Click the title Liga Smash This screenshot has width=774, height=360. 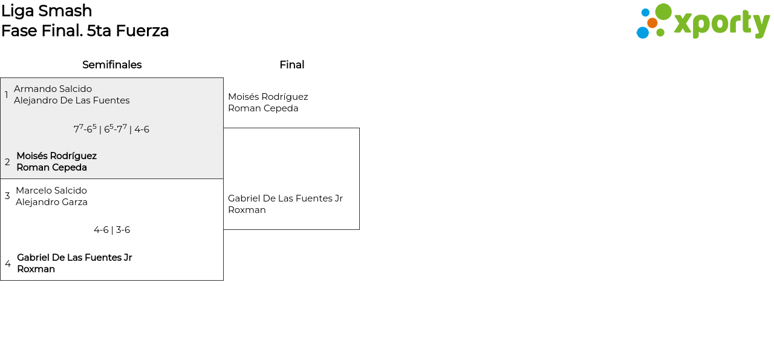pos(47,11)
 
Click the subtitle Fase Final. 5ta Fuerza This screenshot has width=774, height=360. pos(85,31)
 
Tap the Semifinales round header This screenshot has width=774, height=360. pos(112,65)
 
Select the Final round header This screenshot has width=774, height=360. pos(291,65)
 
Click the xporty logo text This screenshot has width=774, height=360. pos(721,24)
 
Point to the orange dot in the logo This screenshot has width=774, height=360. pos(652,23)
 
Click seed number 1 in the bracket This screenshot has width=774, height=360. pos(7,95)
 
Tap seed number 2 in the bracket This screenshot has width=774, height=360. pos(7,162)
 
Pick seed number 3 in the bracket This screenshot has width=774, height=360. pos(7,196)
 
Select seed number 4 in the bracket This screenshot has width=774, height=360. pos(8,264)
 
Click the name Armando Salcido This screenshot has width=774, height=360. pos(53,89)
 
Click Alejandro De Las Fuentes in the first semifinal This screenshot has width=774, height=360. pos(71,100)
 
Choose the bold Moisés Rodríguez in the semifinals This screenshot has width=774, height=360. pos(56,156)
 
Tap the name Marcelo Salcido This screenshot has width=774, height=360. pos(51,191)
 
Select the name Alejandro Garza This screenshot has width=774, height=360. pos(51,202)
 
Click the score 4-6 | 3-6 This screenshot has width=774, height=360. pos(112,230)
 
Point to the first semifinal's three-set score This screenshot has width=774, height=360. pos(111,129)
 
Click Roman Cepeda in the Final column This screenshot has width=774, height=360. pos(263,108)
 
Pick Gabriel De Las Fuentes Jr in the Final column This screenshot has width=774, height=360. pos(285,198)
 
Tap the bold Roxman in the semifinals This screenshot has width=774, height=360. pos(36,269)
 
